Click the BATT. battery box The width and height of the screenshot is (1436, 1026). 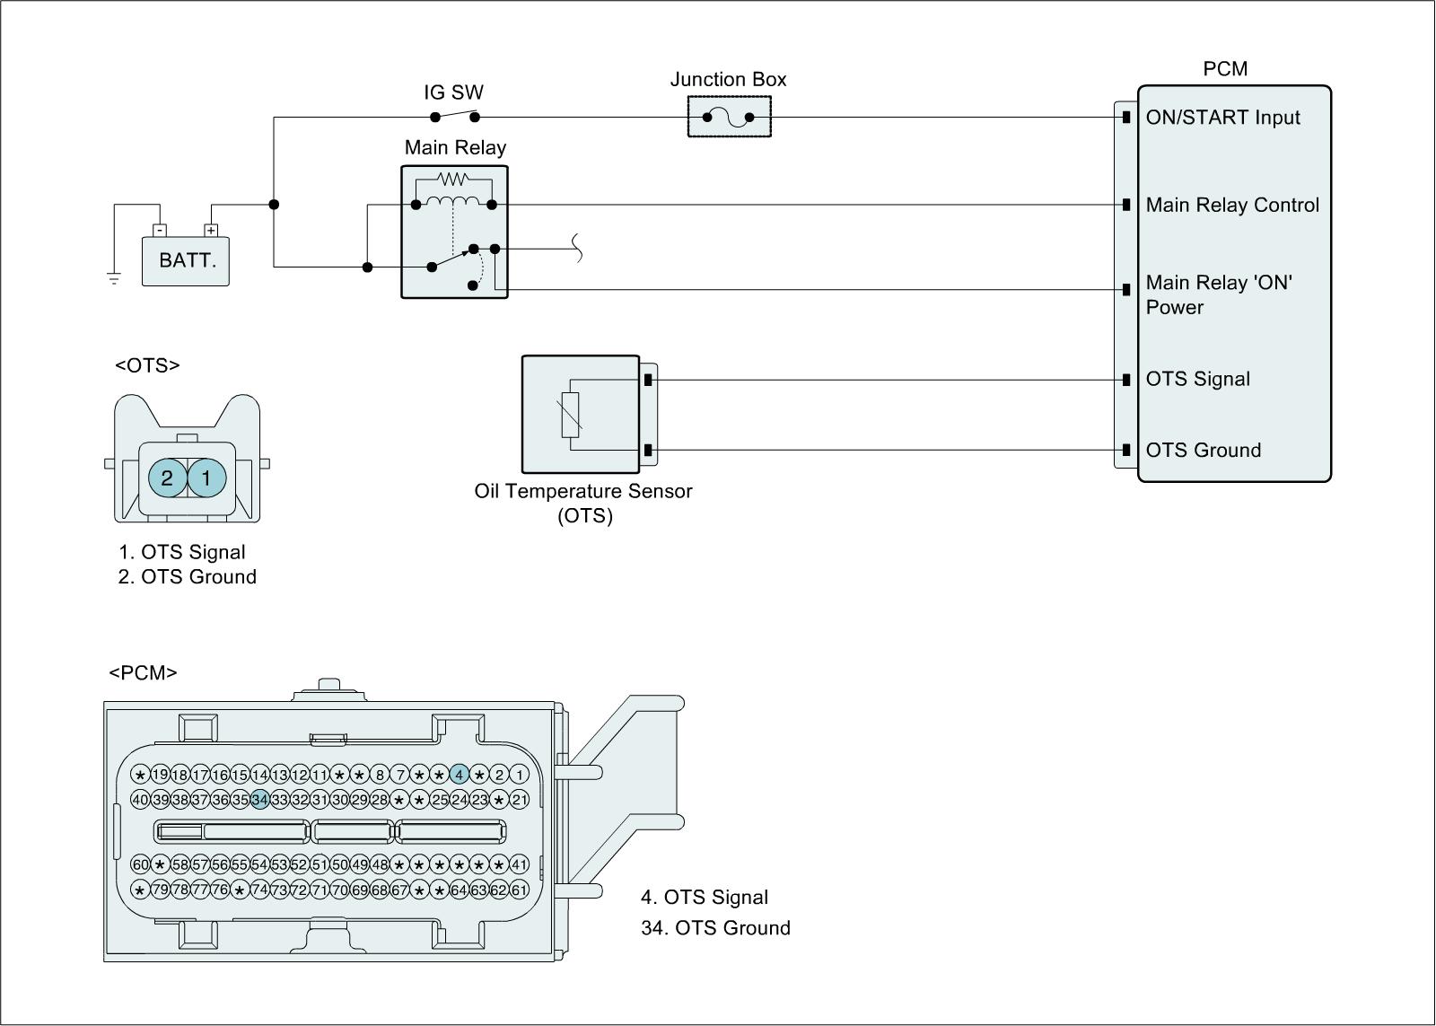[186, 261]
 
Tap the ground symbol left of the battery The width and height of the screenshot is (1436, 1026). [114, 278]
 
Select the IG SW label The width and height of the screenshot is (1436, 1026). [453, 92]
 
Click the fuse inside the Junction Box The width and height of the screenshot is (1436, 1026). [729, 118]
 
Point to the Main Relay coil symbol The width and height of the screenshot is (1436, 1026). [453, 201]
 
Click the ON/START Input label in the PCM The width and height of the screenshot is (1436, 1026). [1222, 118]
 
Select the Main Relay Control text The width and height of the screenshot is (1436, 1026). [1232, 205]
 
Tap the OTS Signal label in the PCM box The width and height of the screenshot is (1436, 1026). [1197, 379]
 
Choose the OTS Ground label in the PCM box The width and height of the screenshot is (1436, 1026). [1203, 450]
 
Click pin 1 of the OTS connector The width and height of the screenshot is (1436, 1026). [206, 478]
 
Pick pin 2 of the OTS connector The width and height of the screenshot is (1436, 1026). [167, 478]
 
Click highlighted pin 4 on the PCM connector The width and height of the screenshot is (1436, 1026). [460, 775]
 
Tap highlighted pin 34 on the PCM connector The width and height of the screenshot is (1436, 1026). [260, 799]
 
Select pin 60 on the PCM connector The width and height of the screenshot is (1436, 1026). [140, 864]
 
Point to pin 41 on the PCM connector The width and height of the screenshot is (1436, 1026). [519, 864]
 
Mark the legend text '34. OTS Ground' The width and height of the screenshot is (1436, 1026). [715, 927]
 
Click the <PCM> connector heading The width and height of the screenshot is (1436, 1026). [143, 672]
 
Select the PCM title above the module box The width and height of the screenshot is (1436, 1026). [1225, 69]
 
